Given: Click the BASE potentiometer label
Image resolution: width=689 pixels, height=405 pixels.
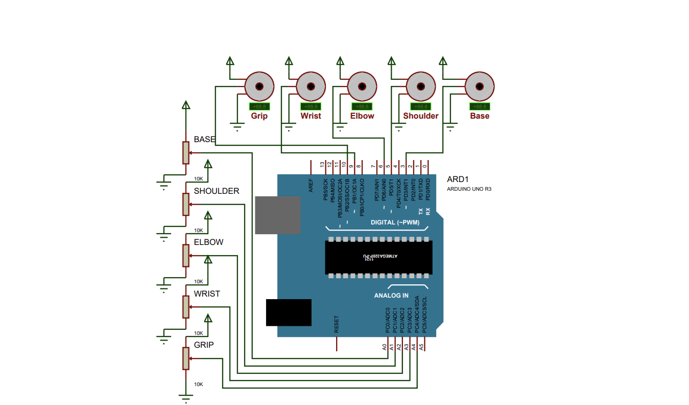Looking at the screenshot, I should tap(204, 139).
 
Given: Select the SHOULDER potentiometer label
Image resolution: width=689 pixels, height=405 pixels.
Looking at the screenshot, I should tap(216, 191).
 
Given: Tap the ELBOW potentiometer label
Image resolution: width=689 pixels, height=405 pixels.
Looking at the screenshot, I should tap(208, 242).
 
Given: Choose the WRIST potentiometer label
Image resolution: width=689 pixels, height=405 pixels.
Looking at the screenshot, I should tap(207, 294).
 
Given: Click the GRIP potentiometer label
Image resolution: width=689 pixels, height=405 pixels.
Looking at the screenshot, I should tap(204, 345).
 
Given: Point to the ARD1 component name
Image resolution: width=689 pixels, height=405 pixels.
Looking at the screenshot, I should tap(457, 179).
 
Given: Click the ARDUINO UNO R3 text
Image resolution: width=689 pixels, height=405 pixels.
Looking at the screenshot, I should tap(469, 189).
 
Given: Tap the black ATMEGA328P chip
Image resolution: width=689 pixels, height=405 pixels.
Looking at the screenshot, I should tap(378, 257).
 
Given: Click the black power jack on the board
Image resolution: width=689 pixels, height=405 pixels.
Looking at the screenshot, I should tap(289, 312).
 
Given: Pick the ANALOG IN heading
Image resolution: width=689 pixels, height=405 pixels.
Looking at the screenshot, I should tap(391, 296).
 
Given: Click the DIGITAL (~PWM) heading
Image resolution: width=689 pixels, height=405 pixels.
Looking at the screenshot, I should tap(395, 222).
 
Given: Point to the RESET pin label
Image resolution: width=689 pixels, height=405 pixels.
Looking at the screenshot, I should tap(336, 324).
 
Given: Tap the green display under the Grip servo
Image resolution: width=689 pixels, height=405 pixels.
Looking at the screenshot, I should tap(259, 106).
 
